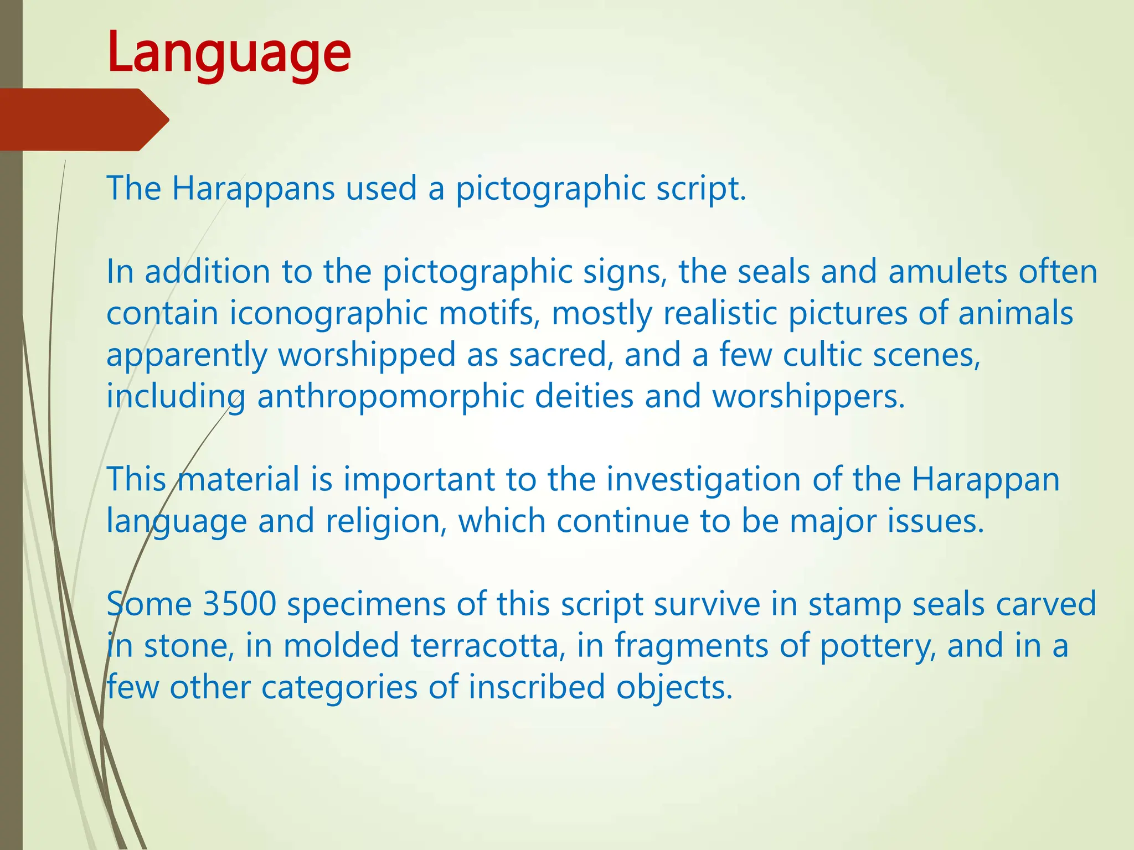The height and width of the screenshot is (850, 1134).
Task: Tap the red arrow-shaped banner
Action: point(83,120)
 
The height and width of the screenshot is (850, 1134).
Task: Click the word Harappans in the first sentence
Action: point(253,189)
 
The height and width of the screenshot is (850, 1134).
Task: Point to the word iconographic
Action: point(329,314)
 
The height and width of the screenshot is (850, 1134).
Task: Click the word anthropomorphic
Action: point(390,397)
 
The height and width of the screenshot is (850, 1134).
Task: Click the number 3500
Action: point(239,604)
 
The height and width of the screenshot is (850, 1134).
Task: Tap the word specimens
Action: point(366,605)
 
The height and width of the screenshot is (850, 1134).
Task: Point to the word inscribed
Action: point(537,687)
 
